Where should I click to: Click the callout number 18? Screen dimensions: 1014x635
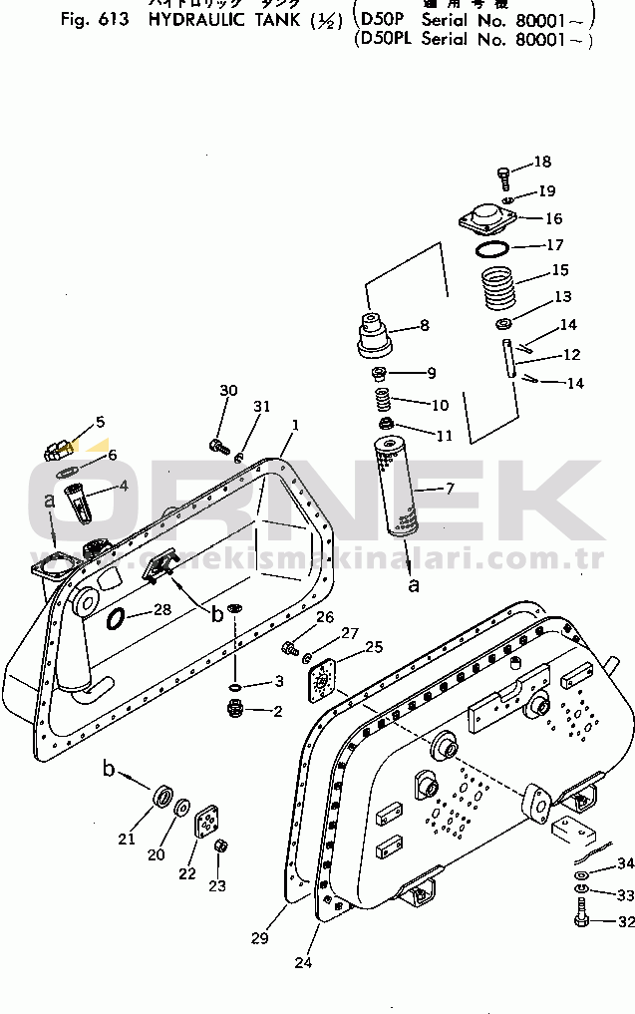point(541,163)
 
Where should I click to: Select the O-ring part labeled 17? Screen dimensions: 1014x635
point(491,246)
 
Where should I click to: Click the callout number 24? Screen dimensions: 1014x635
point(303,962)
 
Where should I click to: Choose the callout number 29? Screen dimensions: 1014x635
point(259,938)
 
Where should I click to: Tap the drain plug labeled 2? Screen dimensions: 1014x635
point(235,711)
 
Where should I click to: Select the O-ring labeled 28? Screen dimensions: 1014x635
point(117,620)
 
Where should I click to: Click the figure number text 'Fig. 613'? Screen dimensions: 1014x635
point(94,19)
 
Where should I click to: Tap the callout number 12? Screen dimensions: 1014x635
point(571,354)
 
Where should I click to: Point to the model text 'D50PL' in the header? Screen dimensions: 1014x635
point(383,40)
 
